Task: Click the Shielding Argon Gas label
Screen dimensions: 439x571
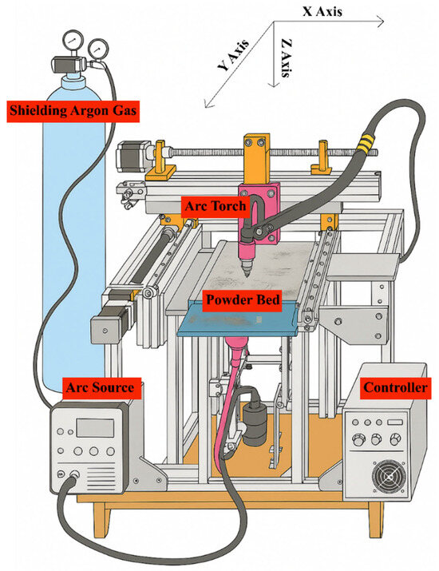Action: pyautogui.click(x=73, y=111)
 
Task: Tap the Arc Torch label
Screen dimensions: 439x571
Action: pyautogui.click(x=216, y=207)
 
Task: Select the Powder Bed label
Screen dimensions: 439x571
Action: pyautogui.click(x=243, y=300)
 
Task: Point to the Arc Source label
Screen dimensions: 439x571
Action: pyautogui.click(x=100, y=388)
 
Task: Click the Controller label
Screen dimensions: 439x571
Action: pyautogui.click(x=395, y=388)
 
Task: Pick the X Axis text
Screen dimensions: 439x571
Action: pyautogui.click(x=322, y=12)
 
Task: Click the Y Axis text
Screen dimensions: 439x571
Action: pyautogui.click(x=233, y=54)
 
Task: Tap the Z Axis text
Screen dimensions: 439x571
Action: pyautogui.click(x=287, y=58)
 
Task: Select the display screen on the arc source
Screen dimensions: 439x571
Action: pyautogui.click(x=95, y=427)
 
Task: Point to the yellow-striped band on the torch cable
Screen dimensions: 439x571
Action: pyautogui.click(x=365, y=142)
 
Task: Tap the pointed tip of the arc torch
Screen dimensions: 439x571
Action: pyautogui.click(x=247, y=276)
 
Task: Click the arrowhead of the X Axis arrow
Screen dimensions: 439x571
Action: pyautogui.click(x=381, y=22)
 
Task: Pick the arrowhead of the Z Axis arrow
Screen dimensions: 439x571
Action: pyautogui.click(x=274, y=84)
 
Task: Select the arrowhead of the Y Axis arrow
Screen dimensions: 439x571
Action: pyautogui.click(x=208, y=105)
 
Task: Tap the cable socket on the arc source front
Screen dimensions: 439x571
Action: pyautogui.click(x=74, y=474)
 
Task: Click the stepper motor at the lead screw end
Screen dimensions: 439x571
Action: pyautogui.click(x=131, y=156)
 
